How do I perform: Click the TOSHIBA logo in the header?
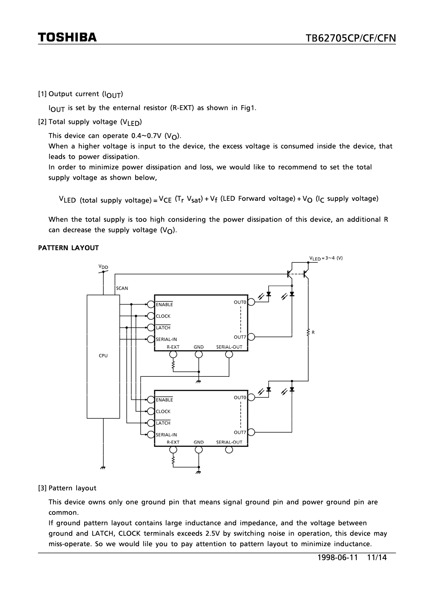(67, 37)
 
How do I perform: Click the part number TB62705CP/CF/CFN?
(350, 38)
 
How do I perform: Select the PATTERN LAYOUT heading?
(68, 248)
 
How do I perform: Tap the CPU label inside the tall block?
(103, 356)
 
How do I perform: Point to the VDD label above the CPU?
(103, 266)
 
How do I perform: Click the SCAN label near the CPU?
(122, 288)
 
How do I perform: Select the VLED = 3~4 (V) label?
(326, 258)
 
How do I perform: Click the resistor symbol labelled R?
(308, 332)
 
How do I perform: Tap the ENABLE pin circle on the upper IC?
(151, 304)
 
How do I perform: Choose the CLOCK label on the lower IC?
(163, 412)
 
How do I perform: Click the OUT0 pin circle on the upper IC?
(251, 302)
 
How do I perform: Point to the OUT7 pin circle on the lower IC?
(251, 432)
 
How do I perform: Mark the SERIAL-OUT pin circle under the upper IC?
(229, 354)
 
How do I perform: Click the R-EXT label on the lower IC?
(173, 442)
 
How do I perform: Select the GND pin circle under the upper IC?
(199, 354)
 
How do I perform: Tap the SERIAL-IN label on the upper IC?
(166, 339)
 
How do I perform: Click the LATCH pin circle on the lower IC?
(151, 423)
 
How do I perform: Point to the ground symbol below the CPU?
(103, 467)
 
